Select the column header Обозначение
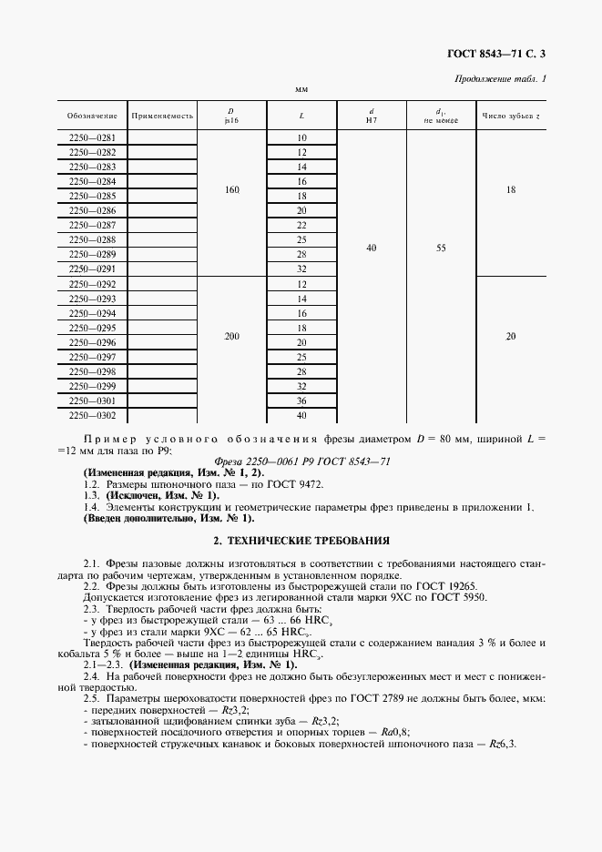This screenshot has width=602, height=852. pos(92,116)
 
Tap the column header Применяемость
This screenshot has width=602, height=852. pos(163,116)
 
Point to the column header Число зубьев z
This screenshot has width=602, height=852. pos(511,116)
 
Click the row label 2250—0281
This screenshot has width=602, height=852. pos(92,138)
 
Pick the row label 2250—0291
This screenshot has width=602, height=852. pos(92,269)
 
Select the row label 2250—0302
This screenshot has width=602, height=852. pos(92,415)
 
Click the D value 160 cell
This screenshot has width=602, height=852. pos(231,189)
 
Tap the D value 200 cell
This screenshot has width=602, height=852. pos(231,336)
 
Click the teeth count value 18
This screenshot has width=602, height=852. pos(511,189)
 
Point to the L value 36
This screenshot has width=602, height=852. pos(301,401)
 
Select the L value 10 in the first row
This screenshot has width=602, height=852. pos(301,138)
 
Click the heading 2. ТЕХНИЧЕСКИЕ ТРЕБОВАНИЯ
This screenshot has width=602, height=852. pos(301,540)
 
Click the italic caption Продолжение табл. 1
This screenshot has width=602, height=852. pos(500,78)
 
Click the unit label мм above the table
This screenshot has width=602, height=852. pos(301,90)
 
